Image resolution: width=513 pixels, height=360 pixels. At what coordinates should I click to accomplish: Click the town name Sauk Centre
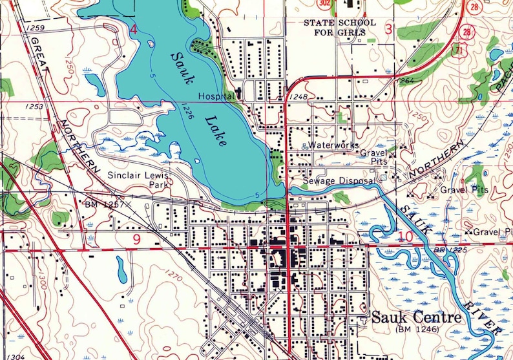pyautogui.click(x=417, y=317)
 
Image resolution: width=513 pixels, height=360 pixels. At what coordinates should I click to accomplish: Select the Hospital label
pyautogui.click(x=216, y=95)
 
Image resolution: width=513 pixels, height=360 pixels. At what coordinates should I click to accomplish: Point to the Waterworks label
pyautogui.click(x=333, y=145)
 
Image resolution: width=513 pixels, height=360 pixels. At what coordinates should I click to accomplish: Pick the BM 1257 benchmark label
pyautogui.click(x=104, y=204)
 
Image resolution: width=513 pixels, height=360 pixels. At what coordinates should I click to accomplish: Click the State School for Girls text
pyautogui.click(x=340, y=27)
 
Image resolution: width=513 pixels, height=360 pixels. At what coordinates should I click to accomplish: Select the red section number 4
pyautogui.click(x=134, y=29)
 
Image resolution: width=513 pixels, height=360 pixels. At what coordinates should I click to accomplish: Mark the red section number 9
pyautogui.click(x=136, y=239)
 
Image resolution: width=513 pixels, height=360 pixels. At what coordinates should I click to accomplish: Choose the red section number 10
pyautogui.click(x=405, y=236)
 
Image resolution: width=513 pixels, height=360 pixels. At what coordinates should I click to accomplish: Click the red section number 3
pyautogui.click(x=388, y=28)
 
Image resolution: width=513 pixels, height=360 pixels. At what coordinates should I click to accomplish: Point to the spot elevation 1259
pyautogui.click(x=36, y=28)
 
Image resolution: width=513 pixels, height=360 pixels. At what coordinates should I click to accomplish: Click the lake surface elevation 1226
pyautogui.click(x=188, y=107)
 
